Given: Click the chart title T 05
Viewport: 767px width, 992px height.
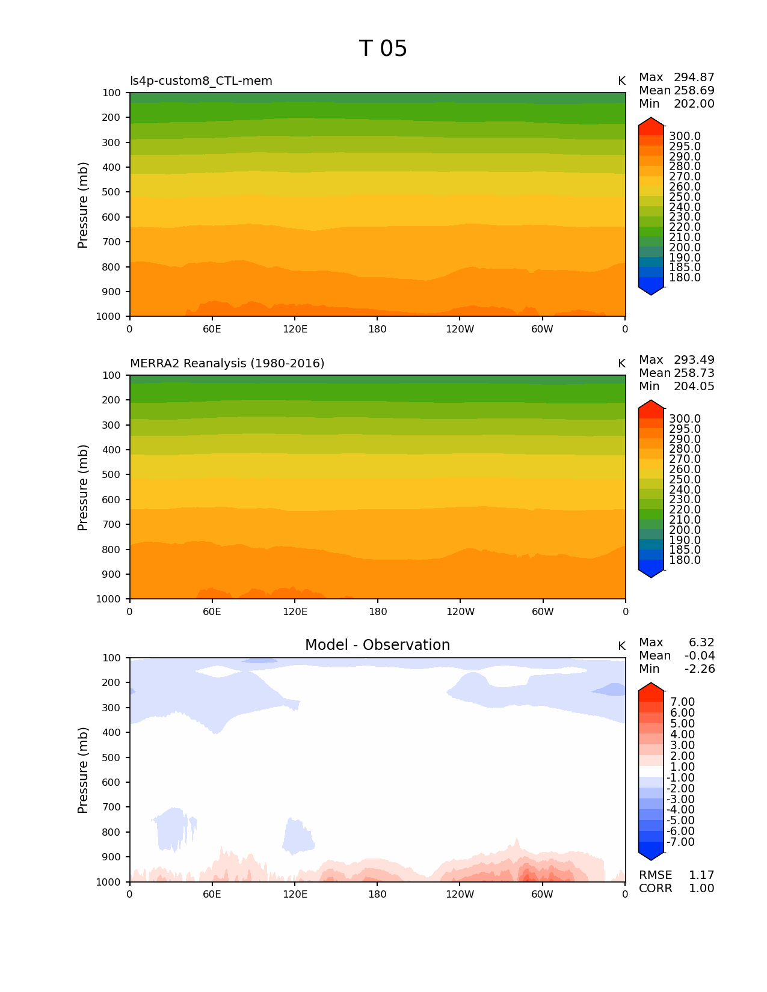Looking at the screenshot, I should [x=383, y=49].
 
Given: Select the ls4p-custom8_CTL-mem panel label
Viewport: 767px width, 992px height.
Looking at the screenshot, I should [x=201, y=81].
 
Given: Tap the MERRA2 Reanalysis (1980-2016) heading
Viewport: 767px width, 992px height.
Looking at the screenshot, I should [x=227, y=364].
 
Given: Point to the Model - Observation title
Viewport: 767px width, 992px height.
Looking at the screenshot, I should [x=377, y=645].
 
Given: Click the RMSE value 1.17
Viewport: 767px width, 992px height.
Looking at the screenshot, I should [x=701, y=875].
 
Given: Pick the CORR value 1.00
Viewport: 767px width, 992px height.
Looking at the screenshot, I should [x=701, y=889].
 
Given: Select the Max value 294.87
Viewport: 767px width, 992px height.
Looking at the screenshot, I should [x=694, y=78].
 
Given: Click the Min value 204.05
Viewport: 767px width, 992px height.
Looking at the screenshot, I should [x=694, y=387].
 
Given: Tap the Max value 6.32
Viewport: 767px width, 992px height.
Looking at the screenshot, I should [x=701, y=643].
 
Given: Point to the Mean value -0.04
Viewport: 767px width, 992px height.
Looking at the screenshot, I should [x=700, y=656].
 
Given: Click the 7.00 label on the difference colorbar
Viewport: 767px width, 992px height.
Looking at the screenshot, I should [x=682, y=702].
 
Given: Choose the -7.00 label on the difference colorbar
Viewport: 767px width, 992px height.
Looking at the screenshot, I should [x=680, y=842].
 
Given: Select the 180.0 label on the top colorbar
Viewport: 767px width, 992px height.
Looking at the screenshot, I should [x=685, y=278].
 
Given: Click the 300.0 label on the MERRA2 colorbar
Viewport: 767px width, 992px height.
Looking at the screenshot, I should [x=685, y=419].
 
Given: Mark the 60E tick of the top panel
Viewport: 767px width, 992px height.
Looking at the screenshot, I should [x=212, y=329].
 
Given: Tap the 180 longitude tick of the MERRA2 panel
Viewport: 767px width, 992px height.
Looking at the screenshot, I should [x=377, y=612].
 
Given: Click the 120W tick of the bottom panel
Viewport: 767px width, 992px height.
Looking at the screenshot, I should [x=460, y=895].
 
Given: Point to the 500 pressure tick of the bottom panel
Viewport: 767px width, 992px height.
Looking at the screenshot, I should [x=111, y=758].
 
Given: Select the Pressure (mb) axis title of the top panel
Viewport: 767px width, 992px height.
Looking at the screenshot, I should [x=83, y=204].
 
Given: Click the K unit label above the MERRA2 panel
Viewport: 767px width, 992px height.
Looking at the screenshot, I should [x=621, y=364].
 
